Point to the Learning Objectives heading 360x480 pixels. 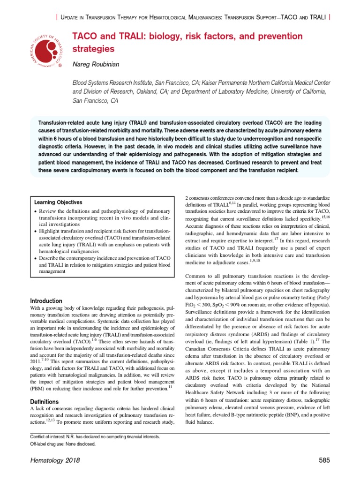tap(58, 202)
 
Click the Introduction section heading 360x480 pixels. tap(46, 301)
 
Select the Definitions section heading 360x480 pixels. tap(44, 402)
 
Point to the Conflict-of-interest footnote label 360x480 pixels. tap(49, 437)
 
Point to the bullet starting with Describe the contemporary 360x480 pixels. tap(98, 258)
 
